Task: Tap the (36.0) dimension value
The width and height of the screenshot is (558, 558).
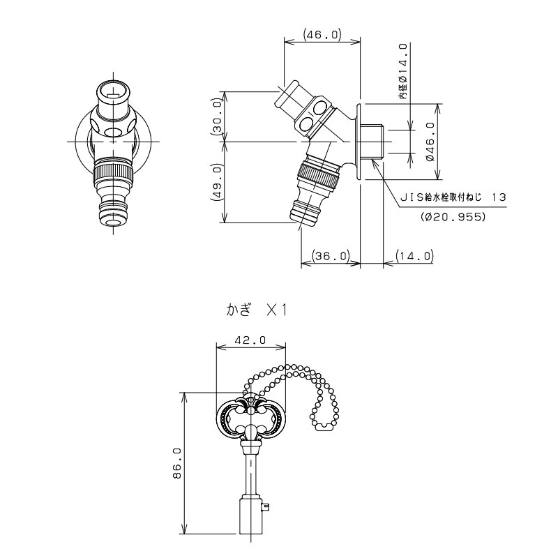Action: (x=331, y=256)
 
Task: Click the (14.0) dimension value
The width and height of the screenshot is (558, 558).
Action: (x=414, y=256)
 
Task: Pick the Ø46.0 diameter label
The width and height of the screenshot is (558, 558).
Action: (x=430, y=142)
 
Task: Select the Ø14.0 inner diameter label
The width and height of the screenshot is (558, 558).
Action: (x=402, y=71)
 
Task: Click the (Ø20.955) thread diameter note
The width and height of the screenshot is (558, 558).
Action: (x=454, y=216)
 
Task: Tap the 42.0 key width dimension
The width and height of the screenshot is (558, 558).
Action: (x=251, y=340)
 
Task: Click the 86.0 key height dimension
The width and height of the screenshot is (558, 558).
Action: (x=176, y=463)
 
